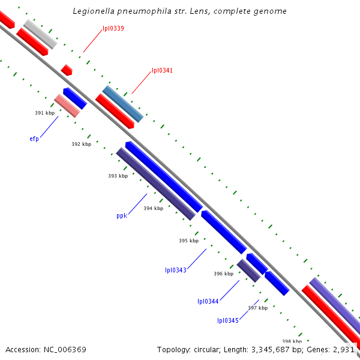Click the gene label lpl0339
(113, 28)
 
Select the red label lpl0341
(162, 70)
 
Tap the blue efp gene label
(34, 139)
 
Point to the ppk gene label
(122, 215)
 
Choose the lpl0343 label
(176, 270)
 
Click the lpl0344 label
(208, 301)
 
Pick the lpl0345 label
(228, 320)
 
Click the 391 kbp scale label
(44, 113)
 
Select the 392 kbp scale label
(81, 144)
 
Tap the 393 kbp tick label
(118, 176)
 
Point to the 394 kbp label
(153, 208)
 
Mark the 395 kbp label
(188, 241)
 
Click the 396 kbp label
(223, 274)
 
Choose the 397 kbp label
(257, 308)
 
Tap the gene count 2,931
(344, 349)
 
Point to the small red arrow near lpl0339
(67, 70)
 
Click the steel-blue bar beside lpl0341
(123, 104)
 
